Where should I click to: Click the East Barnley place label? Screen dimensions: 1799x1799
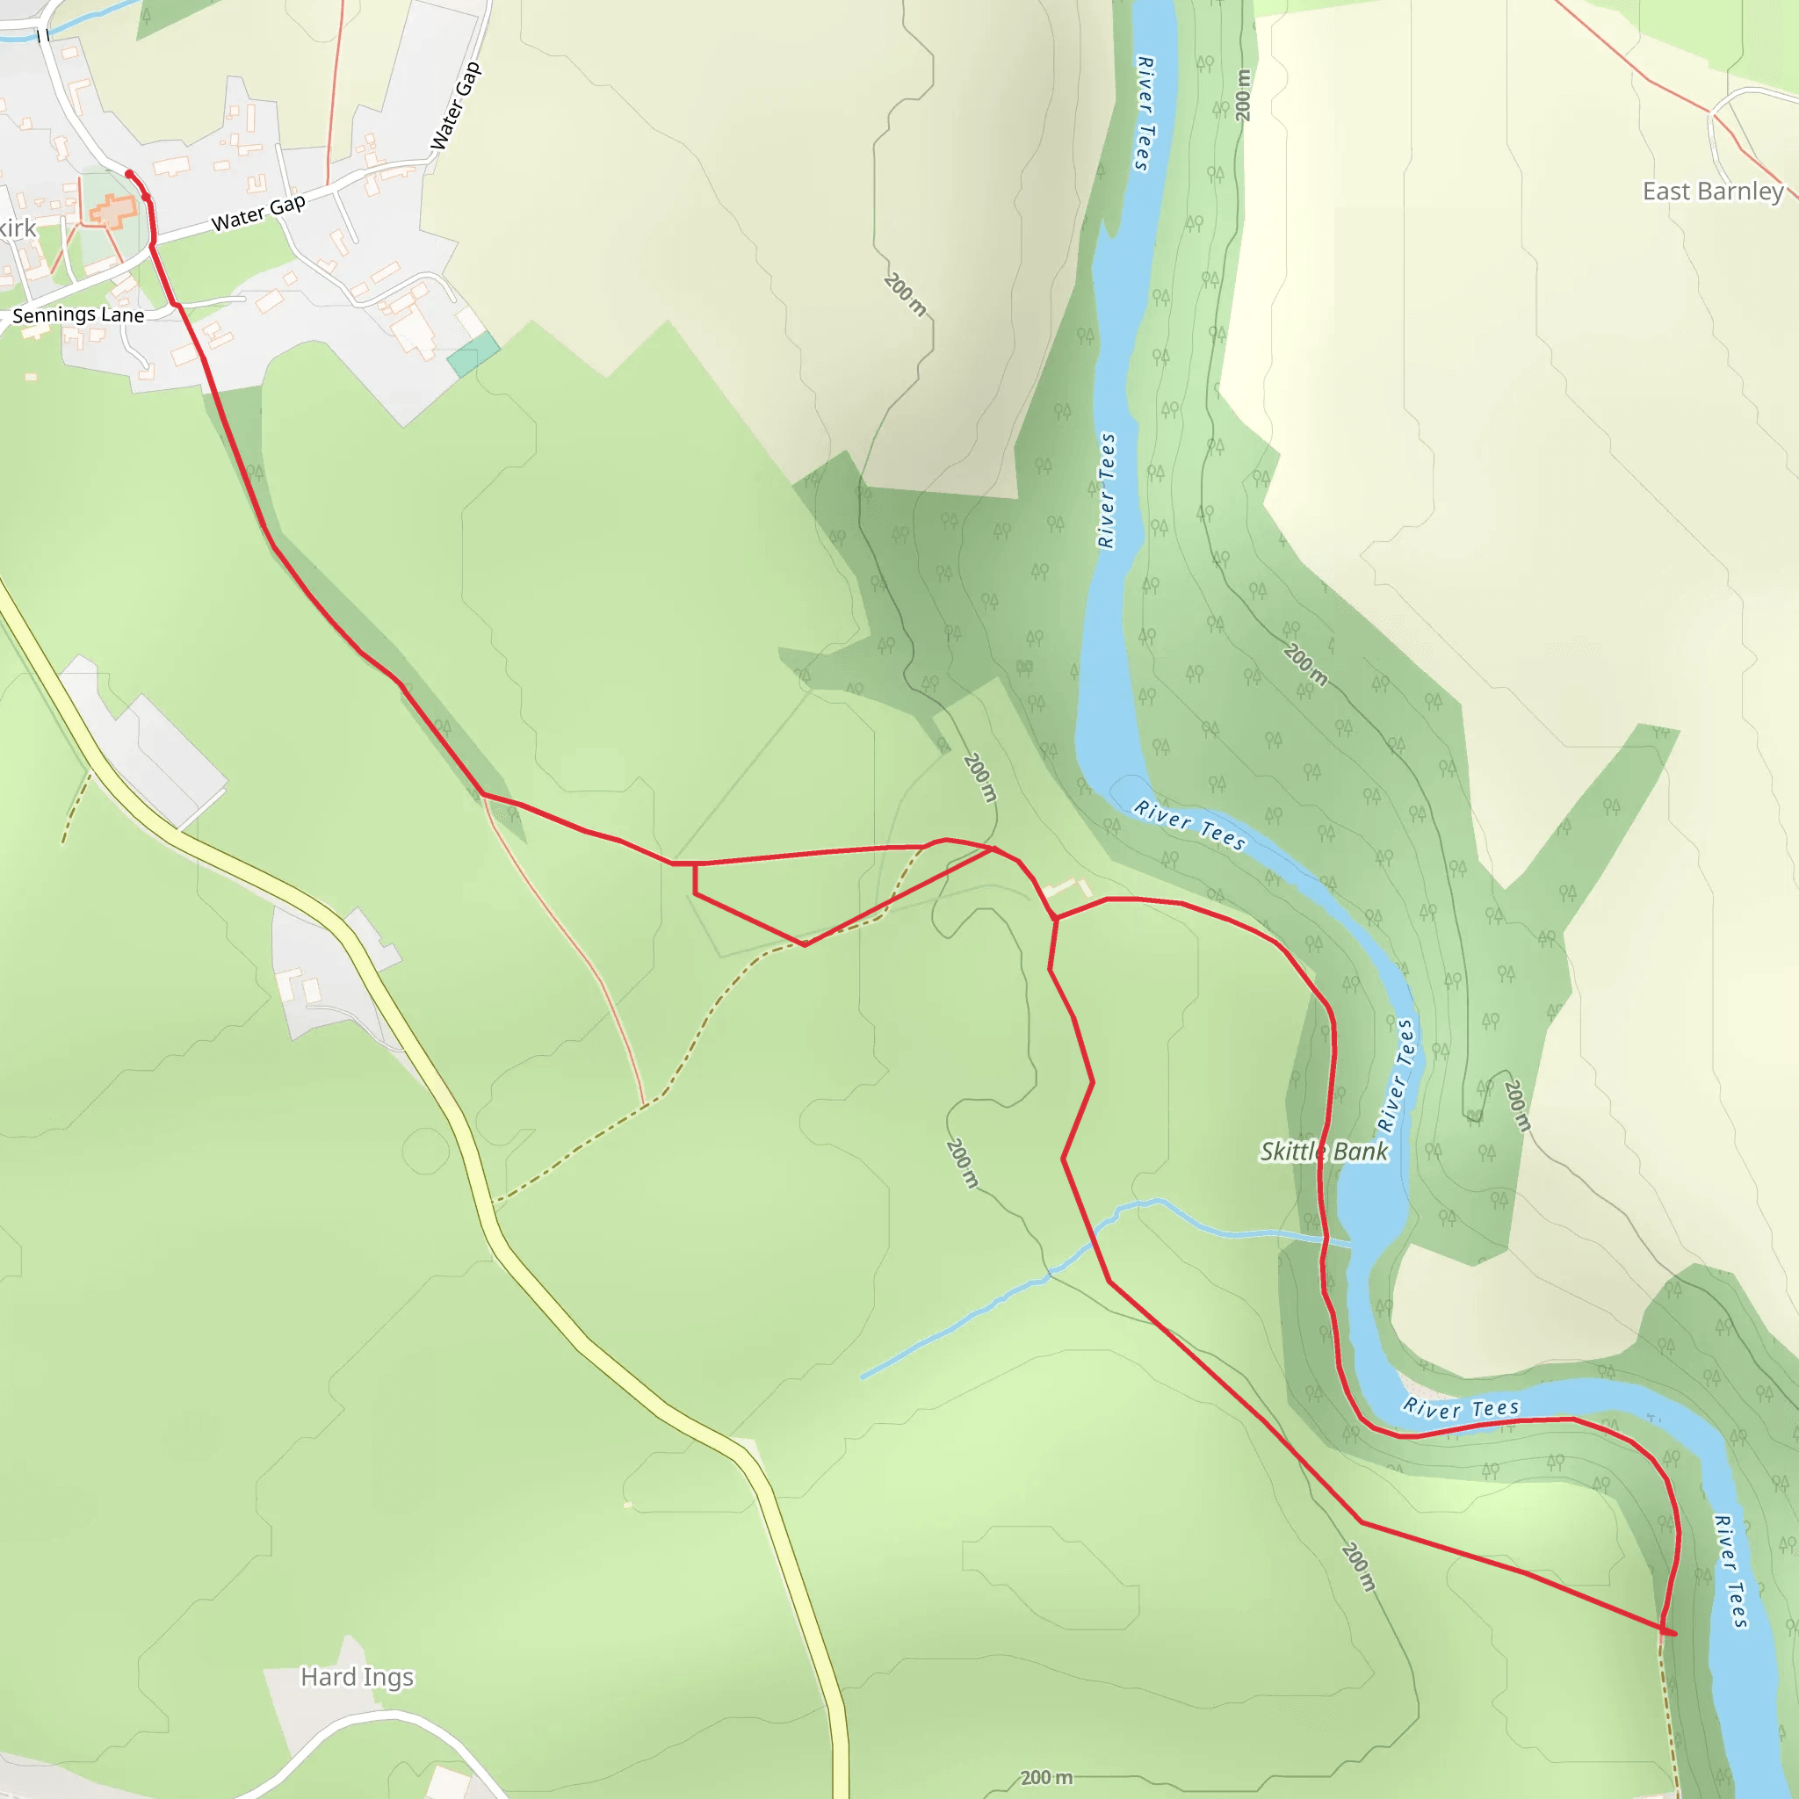[x=1712, y=191]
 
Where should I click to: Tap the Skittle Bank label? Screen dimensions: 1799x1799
[x=1323, y=1152]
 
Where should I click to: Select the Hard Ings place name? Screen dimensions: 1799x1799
[x=357, y=1677]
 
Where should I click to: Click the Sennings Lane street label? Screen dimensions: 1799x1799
[x=78, y=315]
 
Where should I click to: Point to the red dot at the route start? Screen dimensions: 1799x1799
[x=128, y=174]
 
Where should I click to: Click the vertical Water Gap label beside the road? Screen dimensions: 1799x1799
[x=455, y=105]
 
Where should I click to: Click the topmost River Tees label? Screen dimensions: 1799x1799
[x=1145, y=113]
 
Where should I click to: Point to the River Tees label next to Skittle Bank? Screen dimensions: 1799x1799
[x=1395, y=1075]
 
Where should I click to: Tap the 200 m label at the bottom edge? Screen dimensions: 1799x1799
[x=1045, y=1778]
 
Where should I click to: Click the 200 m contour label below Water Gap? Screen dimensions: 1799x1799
[x=905, y=294]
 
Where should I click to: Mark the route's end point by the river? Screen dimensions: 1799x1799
[x=1673, y=1633]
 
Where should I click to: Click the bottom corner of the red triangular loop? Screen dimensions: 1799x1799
[x=805, y=944]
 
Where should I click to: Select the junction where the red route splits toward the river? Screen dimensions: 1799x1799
[x=1056, y=919]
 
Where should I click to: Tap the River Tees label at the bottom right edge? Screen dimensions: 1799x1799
[x=1731, y=1571]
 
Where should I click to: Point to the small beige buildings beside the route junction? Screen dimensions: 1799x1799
[x=1068, y=889]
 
